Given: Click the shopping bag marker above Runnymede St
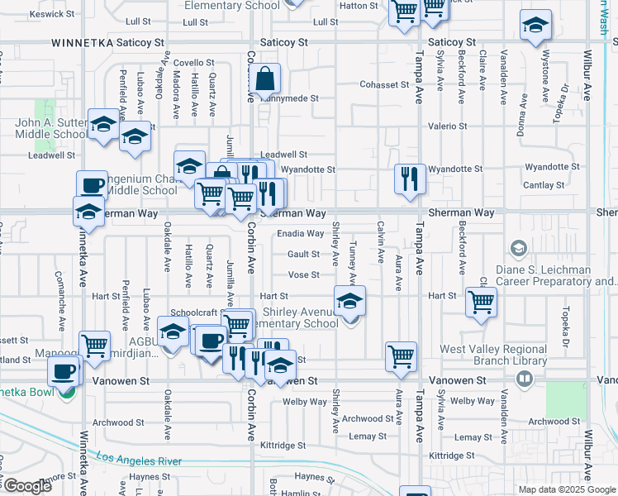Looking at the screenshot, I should pos(267,80).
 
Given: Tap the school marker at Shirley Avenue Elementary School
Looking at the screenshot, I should pos(349,301).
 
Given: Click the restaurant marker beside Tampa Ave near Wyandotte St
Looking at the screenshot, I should pos(410,179).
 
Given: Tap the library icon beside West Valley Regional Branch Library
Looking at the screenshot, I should pos(522,379).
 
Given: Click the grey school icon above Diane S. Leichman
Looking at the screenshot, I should pos(518,248).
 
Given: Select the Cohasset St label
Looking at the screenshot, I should pos(384,84).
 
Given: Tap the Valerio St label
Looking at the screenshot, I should pos(447,126).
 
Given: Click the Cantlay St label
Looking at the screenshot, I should pos(544,185).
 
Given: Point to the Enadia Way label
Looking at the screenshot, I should pos(300,234).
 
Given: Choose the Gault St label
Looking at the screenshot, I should pos(303,255).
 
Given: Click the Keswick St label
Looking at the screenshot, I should pos(28,14).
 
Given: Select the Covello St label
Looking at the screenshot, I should pos(193,62).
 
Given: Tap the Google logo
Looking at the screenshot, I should pos(27,486).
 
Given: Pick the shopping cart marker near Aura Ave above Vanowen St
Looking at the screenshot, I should pos(401,356).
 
